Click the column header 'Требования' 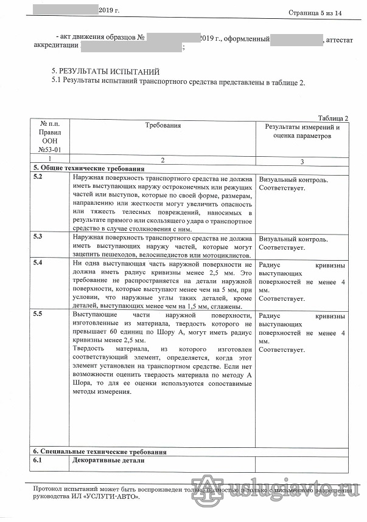click(x=163, y=125)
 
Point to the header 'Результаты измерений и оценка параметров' click(x=302, y=132)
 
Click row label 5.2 click(x=38, y=177)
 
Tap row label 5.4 click(x=38, y=263)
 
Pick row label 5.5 click(x=38, y=314)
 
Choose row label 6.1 click(x=37, y=461)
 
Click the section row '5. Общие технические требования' click(x=88, y=168)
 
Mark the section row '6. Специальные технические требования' click(x=99, y=452)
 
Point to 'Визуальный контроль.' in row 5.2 click(x=293, y=180)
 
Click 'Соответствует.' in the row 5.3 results click(x=282, y=248)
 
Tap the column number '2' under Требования click(x=163, y=160)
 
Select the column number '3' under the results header click(x=302, y=161)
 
